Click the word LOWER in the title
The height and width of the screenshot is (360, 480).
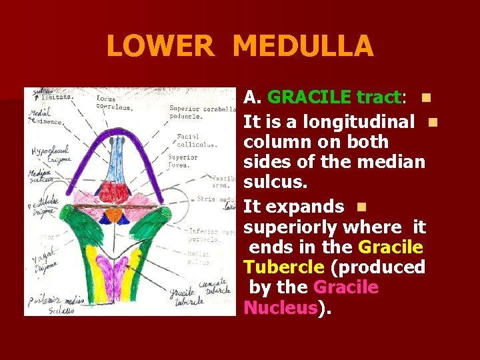click(x=160, y=47)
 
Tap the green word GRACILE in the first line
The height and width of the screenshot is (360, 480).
click(x=309, y=97)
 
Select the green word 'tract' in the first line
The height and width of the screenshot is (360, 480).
click(x=378, y=97)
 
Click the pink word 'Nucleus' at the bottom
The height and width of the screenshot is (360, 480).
click(x=280, y=307)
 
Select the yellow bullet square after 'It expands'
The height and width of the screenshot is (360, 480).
click(x=361, y=207)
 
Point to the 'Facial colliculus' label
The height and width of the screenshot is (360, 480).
click(x=197, y=140)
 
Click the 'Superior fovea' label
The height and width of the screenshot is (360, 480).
click(x=183, y=161)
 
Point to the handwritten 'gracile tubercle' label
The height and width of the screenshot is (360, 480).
click(x=186, y=297)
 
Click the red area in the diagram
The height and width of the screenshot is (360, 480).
click(x=113, y=193)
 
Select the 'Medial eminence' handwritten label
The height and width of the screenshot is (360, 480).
click(x=45, y=118)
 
